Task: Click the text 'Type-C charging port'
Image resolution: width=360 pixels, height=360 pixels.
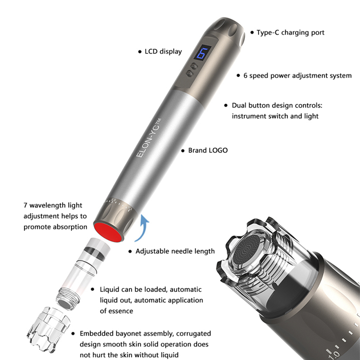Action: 290,32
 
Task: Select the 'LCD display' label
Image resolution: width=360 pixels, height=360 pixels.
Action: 163,51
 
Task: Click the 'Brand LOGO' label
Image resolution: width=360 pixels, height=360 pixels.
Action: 208,150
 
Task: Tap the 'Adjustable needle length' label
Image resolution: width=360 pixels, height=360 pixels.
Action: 175,251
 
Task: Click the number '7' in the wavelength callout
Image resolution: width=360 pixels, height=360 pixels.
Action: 26,205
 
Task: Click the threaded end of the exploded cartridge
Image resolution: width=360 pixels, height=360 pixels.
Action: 67,295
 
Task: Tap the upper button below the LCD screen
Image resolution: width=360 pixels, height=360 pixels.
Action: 195,66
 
